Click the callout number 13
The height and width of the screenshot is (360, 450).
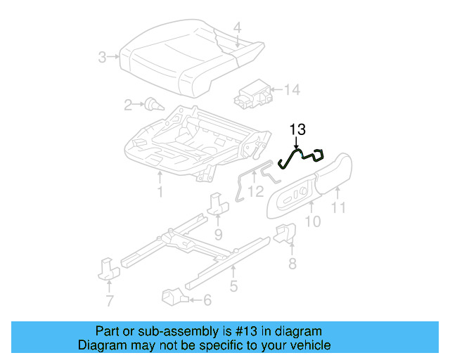[297, 129]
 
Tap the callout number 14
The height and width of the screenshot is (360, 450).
[292, 89]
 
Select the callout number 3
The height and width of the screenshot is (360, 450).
[103, 57]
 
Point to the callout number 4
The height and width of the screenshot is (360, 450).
[237, 28]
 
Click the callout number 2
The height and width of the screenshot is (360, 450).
[128, 105]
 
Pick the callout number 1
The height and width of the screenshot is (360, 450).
[160, 191]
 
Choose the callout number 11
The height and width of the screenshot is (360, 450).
[339, 207]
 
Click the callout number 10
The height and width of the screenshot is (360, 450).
[313, 221]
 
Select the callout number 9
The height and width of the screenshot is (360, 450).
[218, 233]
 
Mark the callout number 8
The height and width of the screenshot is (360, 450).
[292, 264]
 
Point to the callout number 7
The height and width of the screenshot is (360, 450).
[109, 302]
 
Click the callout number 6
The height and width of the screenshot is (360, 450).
[207, 300]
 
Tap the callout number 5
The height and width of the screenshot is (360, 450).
[233, 286]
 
